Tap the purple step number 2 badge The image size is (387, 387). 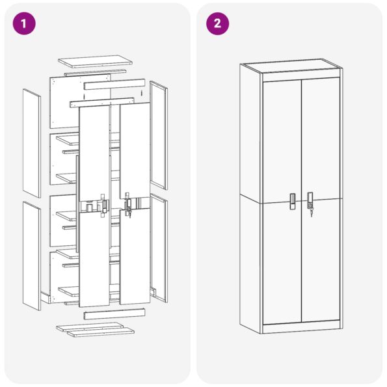217,23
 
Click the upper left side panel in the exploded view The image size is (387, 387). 31,142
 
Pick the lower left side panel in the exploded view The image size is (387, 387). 31,255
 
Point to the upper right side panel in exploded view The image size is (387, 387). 159,135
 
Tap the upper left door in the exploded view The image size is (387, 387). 94,153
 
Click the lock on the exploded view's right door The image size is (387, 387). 128,207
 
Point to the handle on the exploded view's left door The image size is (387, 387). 103,206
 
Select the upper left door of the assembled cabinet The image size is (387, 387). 282,137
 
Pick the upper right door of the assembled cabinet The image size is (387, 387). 321,137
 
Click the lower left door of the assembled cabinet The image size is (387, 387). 282,260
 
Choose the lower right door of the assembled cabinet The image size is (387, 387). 321,260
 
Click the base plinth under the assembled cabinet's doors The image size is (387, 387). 301,325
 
